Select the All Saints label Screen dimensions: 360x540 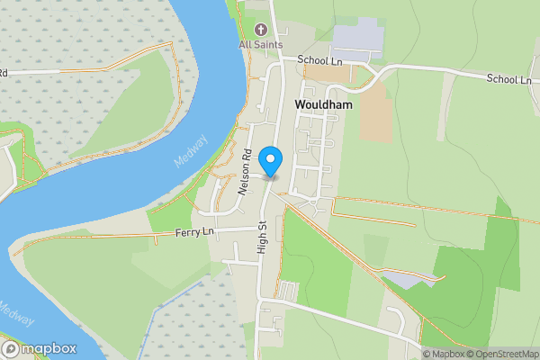(261, 44)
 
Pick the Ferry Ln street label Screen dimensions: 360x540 (195, 232)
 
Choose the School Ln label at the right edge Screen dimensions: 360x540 (509, 79)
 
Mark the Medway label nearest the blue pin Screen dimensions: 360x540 (191, 151)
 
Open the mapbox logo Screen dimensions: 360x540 (39, 348)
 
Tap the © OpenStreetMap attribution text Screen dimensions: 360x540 (502, 354)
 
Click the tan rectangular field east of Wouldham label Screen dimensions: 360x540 (375, 113)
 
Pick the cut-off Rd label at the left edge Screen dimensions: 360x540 (4, 73)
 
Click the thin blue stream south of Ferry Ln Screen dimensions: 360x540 (162, 310)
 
